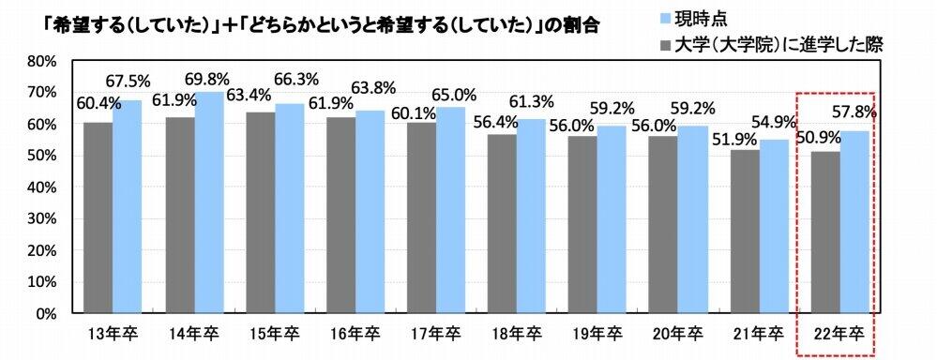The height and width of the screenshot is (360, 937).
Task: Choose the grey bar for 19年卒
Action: click(582, 224)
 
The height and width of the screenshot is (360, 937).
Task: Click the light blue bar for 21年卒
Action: click(773, 226)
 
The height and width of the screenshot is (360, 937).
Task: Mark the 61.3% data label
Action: click(530, 100)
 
